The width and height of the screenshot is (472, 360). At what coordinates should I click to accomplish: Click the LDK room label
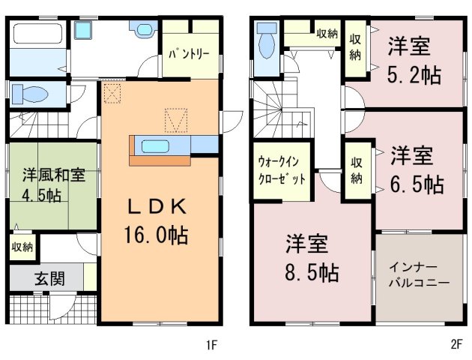click(157, 207)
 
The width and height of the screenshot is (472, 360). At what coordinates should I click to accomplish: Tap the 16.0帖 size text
click(156, 235)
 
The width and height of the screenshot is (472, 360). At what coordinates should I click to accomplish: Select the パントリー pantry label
click(189, 55)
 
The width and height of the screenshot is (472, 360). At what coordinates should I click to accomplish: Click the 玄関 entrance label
click(49, 279)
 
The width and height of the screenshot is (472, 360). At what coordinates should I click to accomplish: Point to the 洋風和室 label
click(54, 175)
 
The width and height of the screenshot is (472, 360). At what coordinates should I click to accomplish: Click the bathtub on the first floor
click(37, 34)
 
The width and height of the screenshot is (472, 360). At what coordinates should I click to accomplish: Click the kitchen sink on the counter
click(155, 146)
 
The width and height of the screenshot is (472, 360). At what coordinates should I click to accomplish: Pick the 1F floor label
click(211, 345)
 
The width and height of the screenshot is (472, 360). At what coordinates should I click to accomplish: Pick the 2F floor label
click(456, 344)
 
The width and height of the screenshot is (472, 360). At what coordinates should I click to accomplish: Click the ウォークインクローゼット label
click(281, 170)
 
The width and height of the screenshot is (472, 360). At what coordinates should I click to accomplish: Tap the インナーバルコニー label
click(419, 275)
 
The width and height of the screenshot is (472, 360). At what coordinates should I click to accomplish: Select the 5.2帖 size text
click(414, 75)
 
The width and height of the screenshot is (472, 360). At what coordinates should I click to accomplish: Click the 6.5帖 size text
click(417, 184)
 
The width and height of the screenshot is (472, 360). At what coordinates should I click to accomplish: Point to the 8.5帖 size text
click(312, 272)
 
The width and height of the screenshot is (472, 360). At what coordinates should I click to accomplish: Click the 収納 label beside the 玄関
click(22, 247)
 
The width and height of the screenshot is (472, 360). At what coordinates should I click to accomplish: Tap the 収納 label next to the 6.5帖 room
click(356, 170)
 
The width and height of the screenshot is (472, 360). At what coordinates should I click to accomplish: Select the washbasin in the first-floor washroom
click(82, 31)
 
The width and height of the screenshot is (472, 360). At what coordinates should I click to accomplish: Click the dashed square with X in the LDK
click(112, 94)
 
